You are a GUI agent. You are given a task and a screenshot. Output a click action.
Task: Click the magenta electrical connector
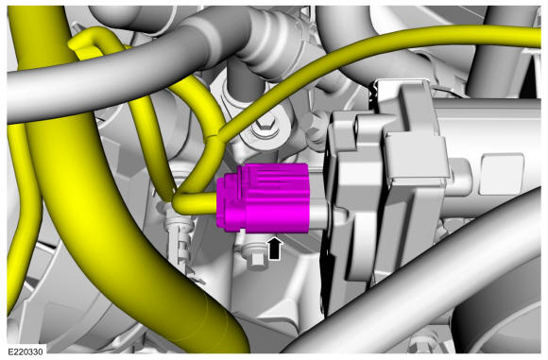(263, 197)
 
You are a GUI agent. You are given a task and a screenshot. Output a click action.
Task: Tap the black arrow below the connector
(275, 249)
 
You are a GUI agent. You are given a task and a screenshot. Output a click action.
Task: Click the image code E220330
(26, 351)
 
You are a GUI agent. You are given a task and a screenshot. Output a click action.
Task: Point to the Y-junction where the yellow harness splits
(214, 137)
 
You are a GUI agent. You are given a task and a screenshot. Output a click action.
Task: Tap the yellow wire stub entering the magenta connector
(194, 204)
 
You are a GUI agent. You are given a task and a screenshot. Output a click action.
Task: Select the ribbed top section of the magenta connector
(273, 177)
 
